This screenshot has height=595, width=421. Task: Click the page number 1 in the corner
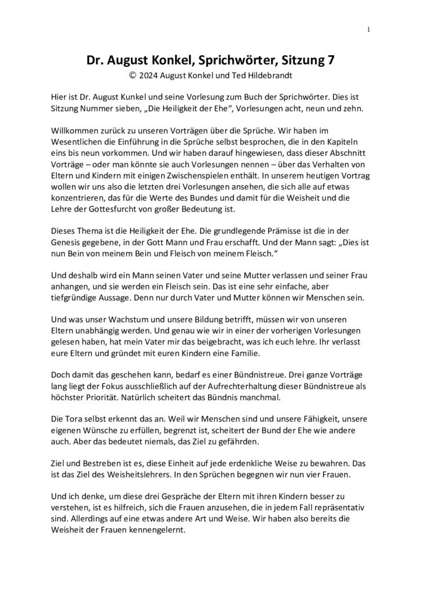[x=369, y=29]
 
